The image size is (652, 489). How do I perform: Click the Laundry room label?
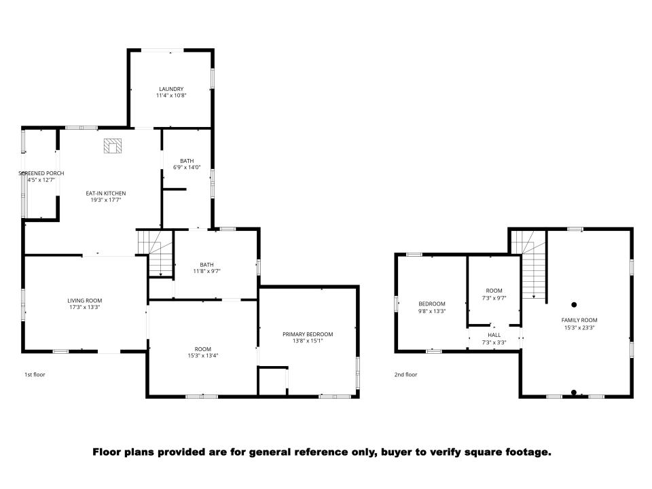(x=171, y=89)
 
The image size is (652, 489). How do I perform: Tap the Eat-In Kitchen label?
(x=106, y=194)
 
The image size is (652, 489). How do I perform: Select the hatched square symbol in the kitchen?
(x=113, y=146)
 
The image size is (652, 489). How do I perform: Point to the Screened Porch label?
(x=41, y=173)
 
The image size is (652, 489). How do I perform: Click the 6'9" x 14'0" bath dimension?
(x=187, y=168)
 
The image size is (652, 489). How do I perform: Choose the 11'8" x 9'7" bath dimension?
(x=206, y=271)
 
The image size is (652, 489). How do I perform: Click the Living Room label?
(x=85, y=301)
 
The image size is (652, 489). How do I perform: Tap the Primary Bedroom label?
(x=308, y=334)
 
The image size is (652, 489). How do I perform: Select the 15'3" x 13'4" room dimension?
(x=203, y=355)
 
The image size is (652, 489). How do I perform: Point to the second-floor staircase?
(x=529, y=264)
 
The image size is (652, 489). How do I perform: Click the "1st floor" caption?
(x=35, y=375)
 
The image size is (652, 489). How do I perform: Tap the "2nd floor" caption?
(x=406, y=375)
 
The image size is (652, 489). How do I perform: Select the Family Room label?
(x=579, y=320)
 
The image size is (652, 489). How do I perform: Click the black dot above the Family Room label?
(x=575, y=305)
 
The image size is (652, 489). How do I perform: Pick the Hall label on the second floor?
(x=494, y=335)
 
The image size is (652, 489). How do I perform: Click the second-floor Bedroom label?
(x=432, y=304)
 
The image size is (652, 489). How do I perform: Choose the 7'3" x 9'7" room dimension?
(x=494, y=298)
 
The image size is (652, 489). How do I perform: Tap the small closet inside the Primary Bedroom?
(x=273, y=381)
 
